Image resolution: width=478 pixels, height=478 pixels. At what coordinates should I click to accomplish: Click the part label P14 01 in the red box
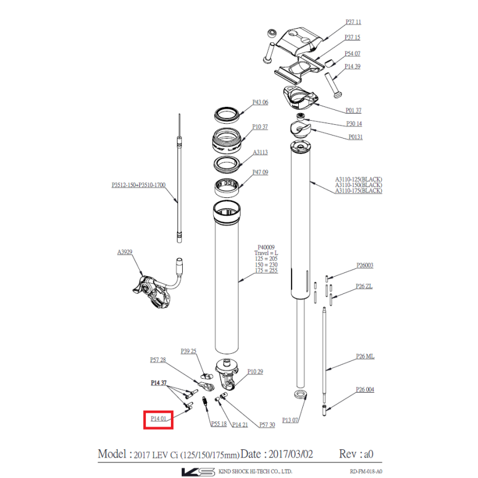point(158,419)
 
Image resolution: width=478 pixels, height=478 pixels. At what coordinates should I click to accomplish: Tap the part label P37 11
point(353,22)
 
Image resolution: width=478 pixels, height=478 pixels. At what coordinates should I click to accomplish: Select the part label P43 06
point(260,102)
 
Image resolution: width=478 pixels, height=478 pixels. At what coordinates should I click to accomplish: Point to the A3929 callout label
point(125,252)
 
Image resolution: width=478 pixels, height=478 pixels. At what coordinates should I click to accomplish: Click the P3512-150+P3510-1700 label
point(139,185)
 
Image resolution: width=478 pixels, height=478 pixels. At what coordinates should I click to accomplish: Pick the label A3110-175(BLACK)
point(358,191)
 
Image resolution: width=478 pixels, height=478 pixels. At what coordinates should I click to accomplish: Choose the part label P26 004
point(364,390)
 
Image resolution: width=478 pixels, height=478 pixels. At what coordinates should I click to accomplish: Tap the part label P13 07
point(290,420)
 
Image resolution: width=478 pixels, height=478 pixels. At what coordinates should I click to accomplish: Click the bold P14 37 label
point(158,382)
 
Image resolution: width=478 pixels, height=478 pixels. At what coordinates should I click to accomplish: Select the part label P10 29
point(255,371)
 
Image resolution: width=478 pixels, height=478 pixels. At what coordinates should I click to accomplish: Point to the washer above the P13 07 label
point(301,394)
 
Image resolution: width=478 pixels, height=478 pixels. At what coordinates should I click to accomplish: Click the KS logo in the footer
point(198,471)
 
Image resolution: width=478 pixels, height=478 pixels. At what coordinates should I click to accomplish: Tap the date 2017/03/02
point(290,454)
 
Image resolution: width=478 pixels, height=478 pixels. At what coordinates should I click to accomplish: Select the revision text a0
point(369,454)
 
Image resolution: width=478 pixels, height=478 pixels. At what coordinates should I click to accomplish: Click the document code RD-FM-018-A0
point(366,471)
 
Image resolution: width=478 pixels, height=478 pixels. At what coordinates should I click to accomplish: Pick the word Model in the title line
point(112,454)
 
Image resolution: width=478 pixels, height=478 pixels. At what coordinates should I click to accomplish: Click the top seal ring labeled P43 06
point(226,115)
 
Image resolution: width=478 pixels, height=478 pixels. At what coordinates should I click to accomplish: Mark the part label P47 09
point(260,172)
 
